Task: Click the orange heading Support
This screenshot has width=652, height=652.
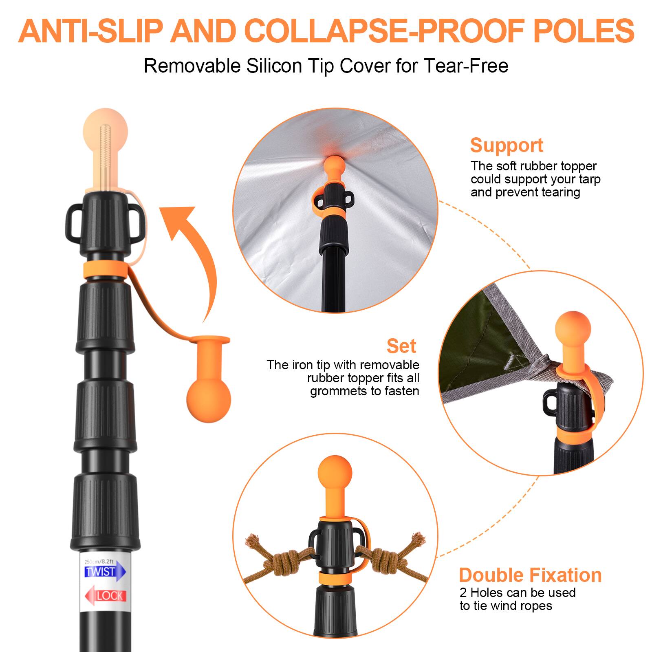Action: click(507, 145)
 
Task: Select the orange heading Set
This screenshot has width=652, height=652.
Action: click(401, 346)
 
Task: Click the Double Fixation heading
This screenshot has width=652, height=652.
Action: click(530, 575)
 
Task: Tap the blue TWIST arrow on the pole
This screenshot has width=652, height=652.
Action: click(104, 572)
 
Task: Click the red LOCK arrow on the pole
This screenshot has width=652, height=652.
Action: click(106, 596)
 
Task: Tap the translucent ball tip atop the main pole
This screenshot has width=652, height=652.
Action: click(105, 134)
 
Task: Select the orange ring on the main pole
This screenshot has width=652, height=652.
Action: click(105, 270)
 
